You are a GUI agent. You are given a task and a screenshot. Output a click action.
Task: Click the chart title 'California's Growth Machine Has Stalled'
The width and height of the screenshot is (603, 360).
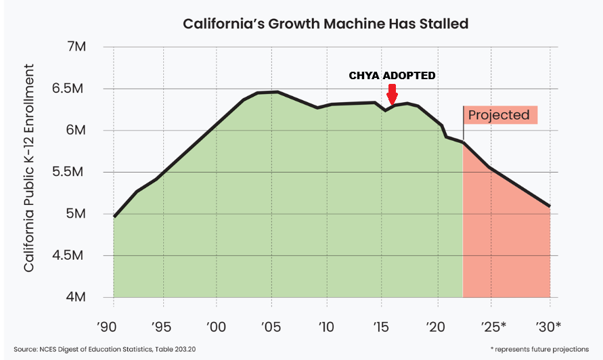point(326,24)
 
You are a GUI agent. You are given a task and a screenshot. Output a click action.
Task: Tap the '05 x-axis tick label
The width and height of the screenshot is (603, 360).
point(271,327)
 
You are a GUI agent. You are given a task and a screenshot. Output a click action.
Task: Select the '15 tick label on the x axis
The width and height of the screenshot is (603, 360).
point(382,327)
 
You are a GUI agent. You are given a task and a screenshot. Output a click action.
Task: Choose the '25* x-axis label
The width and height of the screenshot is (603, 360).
point(494,327)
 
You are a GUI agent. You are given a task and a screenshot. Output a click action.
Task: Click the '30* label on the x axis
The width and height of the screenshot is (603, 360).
point(548,327)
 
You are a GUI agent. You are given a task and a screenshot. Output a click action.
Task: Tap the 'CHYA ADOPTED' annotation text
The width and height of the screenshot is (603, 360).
point(392,76)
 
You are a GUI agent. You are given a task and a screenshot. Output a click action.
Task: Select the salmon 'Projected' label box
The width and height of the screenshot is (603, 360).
point(499,115)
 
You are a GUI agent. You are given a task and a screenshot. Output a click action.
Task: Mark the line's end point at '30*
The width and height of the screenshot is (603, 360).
point(550,206)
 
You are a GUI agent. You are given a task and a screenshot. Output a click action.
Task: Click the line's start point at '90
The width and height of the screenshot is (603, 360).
point(114,217)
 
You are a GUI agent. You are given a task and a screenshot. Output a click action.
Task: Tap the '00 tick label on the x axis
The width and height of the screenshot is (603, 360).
point(217,327)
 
